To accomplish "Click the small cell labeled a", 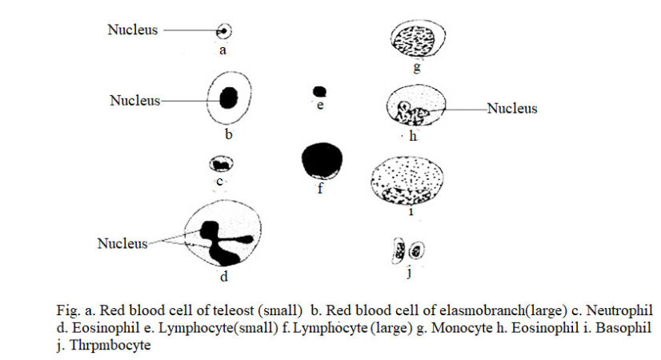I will [224, 31].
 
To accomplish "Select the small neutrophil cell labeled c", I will [220, 165].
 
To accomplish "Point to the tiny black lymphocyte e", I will [319, 91].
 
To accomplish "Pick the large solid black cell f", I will [322, 160].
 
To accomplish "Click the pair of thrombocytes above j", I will [408, 250].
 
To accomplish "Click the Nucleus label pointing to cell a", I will [133, 30].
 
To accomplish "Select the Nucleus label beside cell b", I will [134, 101].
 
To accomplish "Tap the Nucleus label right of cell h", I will [512, 108].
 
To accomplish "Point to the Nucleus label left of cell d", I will [122, 242].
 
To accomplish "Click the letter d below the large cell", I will [224, 278].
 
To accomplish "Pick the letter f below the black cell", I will [319, 190].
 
